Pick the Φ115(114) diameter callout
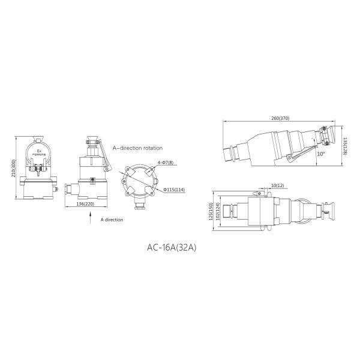click(175, 190)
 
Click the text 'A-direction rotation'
click(137, 147)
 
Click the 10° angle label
click(322, 154)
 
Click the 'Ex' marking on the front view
click(39, 151)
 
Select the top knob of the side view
click(93, 142)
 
